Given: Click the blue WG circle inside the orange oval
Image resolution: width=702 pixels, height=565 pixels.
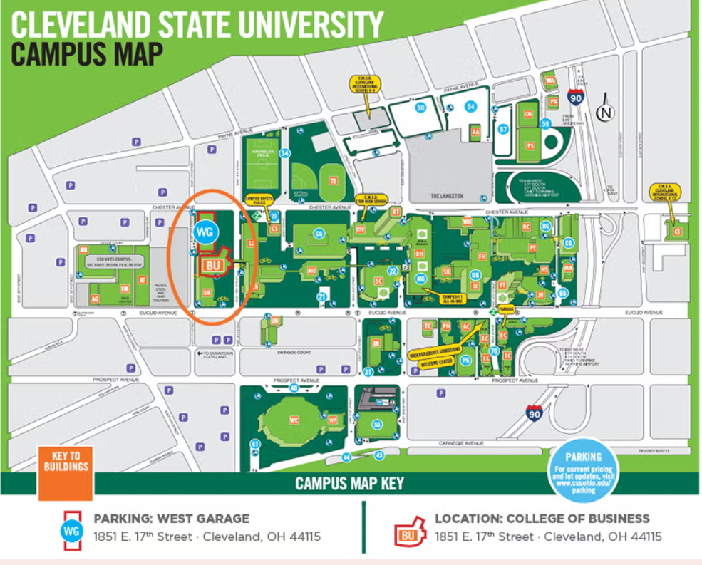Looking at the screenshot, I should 205,232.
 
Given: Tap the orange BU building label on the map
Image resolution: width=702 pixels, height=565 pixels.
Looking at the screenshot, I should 212,265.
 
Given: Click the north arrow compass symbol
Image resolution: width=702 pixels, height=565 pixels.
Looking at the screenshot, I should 606,111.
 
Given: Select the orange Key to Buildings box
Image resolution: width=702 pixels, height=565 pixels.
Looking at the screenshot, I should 65,472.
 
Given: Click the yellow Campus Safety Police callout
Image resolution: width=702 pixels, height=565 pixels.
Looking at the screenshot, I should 261,202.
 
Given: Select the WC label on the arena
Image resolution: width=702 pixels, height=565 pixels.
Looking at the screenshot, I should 294,420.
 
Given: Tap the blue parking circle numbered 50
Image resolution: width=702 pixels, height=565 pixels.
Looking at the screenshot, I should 420,108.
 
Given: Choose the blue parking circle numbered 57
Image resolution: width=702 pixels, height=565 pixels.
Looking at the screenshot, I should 503,129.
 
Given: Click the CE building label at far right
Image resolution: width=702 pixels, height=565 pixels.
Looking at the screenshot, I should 677,232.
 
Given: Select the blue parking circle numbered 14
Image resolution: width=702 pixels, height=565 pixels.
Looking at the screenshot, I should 285,153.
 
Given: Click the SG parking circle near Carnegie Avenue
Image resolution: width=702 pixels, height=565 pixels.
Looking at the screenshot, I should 377,425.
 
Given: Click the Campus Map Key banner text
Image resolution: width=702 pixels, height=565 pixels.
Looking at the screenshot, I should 349,484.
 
